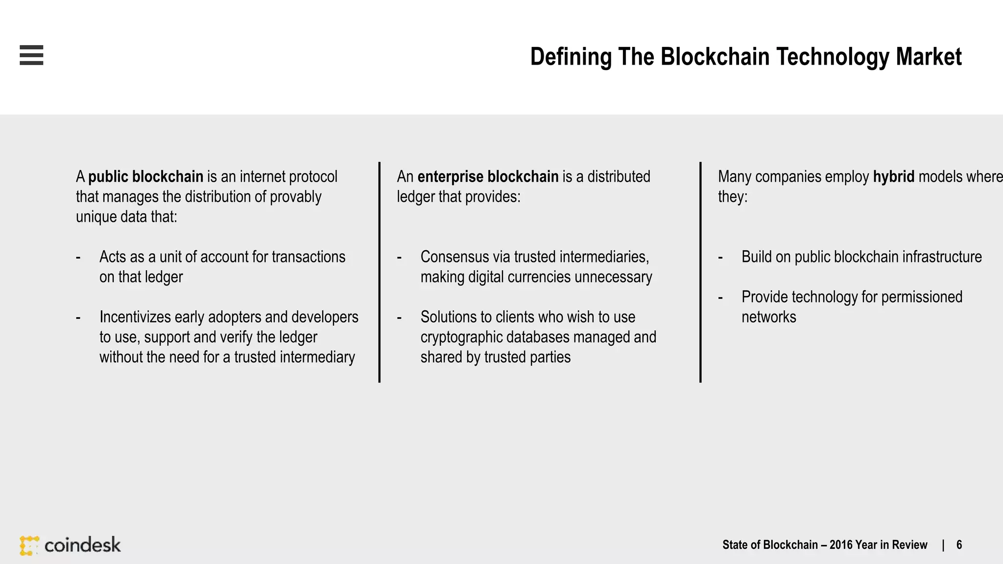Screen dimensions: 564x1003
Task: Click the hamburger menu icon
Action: (31, 55)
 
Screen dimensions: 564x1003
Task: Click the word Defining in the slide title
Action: (571, 57)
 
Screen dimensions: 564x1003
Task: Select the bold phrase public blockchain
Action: (145, 177)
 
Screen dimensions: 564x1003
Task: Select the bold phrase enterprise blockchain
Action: (488, 177)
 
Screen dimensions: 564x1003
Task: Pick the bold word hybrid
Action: (893, 177)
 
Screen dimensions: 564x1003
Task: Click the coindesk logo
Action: (70, 545)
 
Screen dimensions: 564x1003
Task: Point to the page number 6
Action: (959, 545)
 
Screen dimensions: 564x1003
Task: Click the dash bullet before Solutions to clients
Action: (399, 318)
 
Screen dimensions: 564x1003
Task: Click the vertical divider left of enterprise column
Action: (380, 272)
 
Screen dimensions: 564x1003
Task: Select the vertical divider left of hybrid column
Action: (700, 272)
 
